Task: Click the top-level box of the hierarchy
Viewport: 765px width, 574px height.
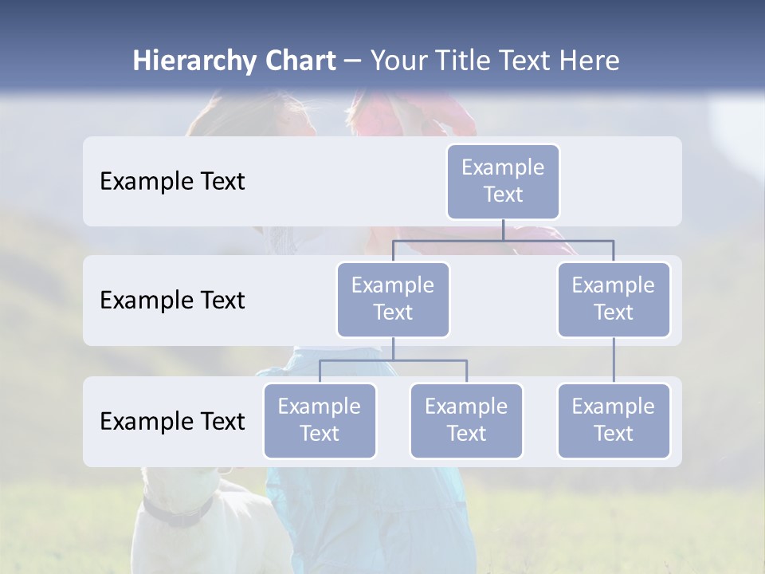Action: [503, 181]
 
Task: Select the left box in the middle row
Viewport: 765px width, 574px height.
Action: [393, 299]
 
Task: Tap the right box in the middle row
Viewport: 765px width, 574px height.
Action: [614, 299]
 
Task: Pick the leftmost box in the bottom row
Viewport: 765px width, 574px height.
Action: [320, 420]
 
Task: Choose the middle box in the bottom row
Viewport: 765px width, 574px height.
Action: [466, 420]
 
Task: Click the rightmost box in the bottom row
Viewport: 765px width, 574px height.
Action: [614, 420]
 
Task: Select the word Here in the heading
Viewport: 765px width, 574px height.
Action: [590, 61]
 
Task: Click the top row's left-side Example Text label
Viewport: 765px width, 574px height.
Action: [172, 181]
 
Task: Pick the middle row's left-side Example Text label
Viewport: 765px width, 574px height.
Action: [172, 300]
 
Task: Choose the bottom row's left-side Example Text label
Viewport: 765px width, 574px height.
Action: [172, 421]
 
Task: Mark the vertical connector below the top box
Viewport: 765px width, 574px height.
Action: [503, 230]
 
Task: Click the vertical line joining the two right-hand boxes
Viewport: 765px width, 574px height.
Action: [614, 360]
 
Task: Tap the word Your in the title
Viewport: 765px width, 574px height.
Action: [398, 61]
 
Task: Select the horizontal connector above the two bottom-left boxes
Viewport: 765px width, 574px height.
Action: [393, 360]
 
